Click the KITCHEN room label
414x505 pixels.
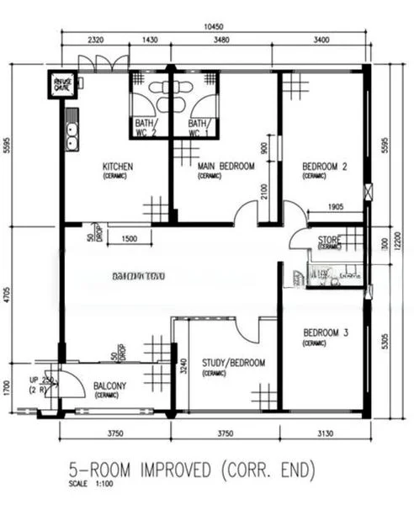tap(118, 167)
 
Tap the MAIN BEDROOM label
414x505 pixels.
tap(225, 167)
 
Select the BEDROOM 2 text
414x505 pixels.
tap(324, 167)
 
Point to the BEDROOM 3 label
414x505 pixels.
tap(324, 333)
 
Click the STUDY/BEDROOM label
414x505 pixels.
tap(233, 363)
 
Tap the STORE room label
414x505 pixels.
tap(329, 240)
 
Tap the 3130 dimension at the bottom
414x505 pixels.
tap(324, 433)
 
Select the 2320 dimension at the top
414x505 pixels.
tap(94, 40)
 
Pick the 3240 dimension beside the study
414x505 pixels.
tap(183, 367)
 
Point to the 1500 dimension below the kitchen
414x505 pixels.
tap(129, 240)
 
